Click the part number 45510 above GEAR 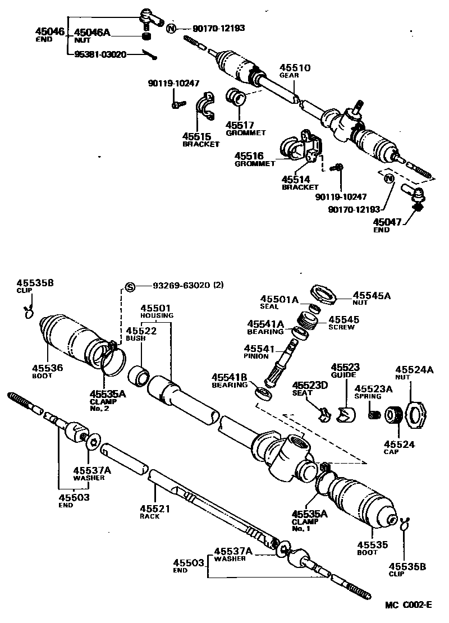(295, 68)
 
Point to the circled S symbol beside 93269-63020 (129, 286)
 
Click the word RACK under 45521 (149, 516)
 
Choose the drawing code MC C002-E (408, 604)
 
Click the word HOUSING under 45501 (157, 315)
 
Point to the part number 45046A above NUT (92, 33)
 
